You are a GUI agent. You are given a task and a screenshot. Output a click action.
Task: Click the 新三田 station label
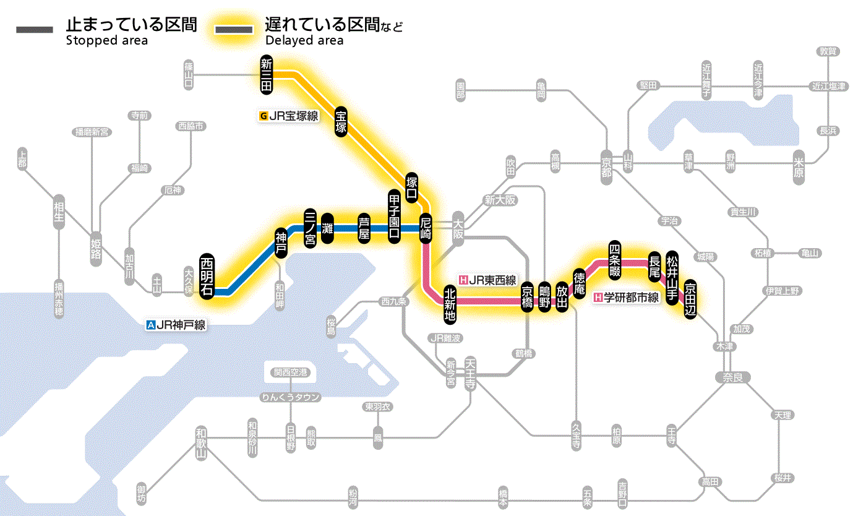(x=267, y=75)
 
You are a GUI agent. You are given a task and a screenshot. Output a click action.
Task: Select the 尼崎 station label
(x=426, y=228)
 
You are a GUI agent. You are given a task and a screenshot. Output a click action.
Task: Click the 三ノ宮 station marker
(x=311, y=228)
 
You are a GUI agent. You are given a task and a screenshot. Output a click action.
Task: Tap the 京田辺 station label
(x=690, y=298)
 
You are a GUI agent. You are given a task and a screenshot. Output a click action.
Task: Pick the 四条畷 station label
(x=614, y=259)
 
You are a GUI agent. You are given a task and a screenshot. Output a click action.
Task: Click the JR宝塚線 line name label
(x=289, y=116)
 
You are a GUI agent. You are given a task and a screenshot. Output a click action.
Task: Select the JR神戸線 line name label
(x=176, y=324)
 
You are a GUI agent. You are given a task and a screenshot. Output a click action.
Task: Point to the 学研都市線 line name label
(x=626, y=298)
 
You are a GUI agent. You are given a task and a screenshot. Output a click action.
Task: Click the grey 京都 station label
(x=606, y=164)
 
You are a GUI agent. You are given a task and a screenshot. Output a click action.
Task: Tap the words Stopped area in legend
(x=106, y=41)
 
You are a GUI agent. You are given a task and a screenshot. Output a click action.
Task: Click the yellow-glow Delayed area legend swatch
(x=233, y=29)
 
